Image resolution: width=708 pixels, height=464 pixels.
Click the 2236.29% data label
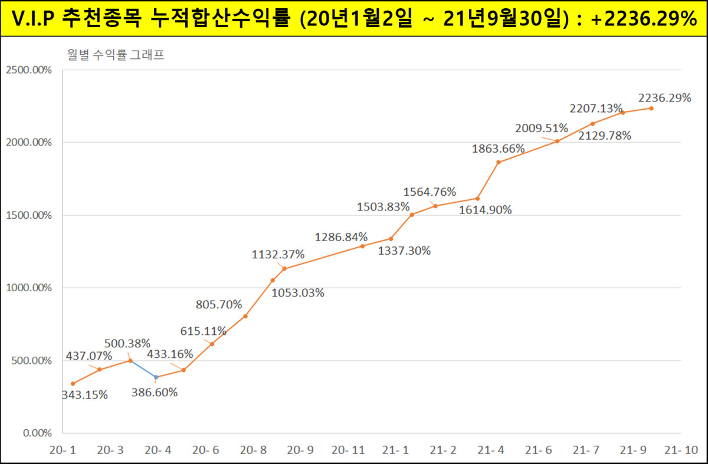coord(664,98)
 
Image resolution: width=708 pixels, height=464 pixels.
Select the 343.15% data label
coord(85,395)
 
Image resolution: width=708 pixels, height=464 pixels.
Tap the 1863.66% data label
coord(499,149)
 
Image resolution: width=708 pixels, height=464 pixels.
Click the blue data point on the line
coord(156,377)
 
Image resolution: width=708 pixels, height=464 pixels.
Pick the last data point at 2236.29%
coord(651,108)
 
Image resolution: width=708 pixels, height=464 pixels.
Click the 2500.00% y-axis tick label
coord(29,70)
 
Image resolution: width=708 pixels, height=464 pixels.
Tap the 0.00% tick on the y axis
coord(37,433)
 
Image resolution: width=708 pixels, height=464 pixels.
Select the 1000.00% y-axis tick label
coord(29,288)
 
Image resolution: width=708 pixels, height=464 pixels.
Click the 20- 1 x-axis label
coord(62,450)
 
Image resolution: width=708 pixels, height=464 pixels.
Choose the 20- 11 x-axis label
coord(348,450)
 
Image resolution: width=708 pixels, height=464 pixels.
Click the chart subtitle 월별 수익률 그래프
coord(115,57)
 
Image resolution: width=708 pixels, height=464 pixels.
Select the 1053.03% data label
coord(298,292)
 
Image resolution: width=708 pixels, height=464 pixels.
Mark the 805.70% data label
coord(218,305)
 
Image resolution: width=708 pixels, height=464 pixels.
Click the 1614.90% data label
coord(486,210)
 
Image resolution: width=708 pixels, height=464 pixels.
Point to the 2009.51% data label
coord(542,128)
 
